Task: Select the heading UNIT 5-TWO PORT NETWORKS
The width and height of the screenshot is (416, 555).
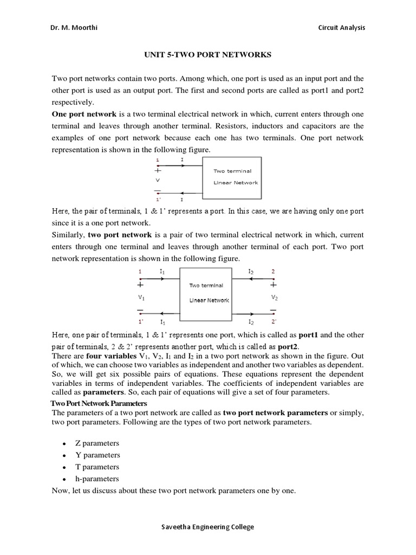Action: [x=207, y=55]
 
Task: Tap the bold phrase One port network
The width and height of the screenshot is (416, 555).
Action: [x=84, y=114]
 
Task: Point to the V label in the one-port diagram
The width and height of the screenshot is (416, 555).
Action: [x=158, y=179]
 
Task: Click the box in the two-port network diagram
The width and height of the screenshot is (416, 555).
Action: [x=209, y=293]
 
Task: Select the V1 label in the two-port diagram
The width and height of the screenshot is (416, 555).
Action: [x=141, y=297]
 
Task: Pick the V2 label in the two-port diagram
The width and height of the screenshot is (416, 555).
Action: [x=274, y=297]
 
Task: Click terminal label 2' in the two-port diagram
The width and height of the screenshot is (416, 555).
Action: [x=274, y=321]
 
